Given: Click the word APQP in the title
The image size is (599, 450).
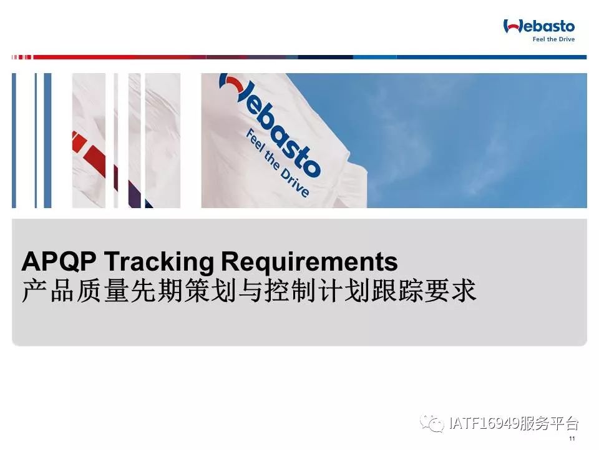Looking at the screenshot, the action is pos(59,261).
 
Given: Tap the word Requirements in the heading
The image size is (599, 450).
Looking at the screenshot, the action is pos(309,262).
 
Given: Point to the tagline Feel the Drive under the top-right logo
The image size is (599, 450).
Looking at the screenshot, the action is pos(553,39).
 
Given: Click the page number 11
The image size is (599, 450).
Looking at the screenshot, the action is pos(572,439).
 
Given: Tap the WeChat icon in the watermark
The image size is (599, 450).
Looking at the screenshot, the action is pos(432,423).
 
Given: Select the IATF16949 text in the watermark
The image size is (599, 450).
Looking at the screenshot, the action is pos(484,423).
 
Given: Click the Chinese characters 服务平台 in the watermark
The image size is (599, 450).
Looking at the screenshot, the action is pos(549,423).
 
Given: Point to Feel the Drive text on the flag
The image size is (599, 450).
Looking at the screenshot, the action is pos(278,163).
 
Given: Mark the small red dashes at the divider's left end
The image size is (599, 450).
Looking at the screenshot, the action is pos(22,57).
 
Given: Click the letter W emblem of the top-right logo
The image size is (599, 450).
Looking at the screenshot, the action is pos(512,26).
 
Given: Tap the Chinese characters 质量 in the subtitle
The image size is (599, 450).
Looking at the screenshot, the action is pos(101,291).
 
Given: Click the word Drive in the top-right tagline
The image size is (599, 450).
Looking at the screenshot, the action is pos(567,39).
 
